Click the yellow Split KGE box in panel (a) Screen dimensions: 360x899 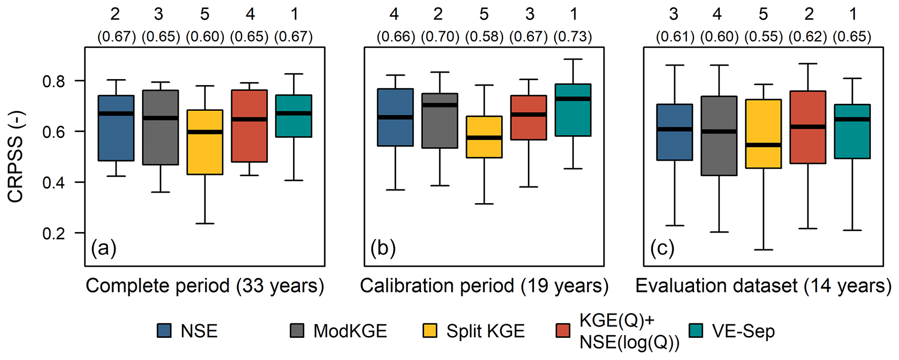tap(205, 142)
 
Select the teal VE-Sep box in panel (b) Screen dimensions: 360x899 tap(573, 110)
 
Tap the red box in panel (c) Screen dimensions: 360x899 tap(808, 127)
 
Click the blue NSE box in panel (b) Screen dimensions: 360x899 tap(395, 117)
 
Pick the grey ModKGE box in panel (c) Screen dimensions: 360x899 tap(719, 136)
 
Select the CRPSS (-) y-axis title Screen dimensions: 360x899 tap(16, 157)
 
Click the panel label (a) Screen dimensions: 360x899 tap(104, 248)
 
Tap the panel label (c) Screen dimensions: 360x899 tap(662, 248)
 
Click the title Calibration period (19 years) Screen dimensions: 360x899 tap(484, 286)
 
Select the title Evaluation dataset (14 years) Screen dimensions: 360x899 tap(763, 286)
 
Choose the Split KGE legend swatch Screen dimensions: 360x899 tap(430, 331)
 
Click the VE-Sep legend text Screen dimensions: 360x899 tap(743, 331)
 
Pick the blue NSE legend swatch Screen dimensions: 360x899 tap(164, 331)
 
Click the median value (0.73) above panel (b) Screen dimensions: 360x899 tap(572, 37)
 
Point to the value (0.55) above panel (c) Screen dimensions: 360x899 tap(764, 37)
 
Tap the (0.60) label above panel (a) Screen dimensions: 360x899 tap(205, 37)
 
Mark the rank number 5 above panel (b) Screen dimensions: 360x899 tap(484, 15)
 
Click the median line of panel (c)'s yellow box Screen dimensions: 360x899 tap(763, 145)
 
